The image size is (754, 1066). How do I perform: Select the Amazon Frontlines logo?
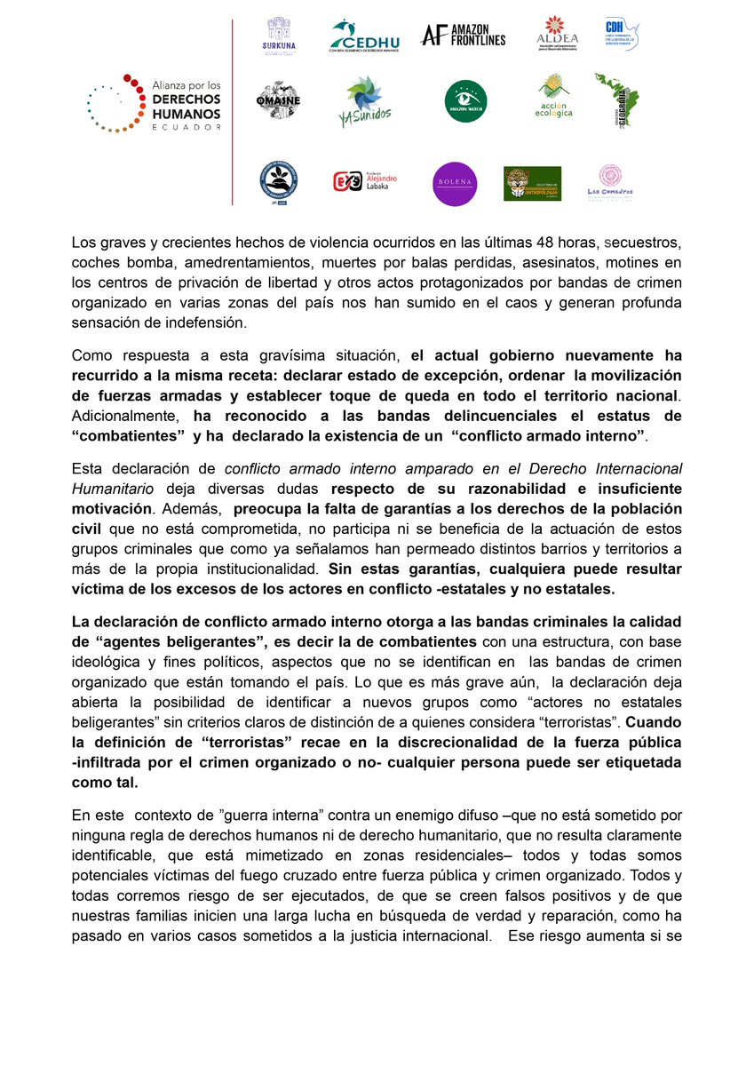pyautogui.click(x=463, y=36)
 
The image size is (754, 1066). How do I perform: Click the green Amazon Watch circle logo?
pyautogui.click(x=465, y=101)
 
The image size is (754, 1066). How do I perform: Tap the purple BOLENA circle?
pyautogui.click(x=455, y=184)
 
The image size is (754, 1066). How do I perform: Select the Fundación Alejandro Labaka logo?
pyautogui.click(x=365, y=182)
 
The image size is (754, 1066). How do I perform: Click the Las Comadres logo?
pyautogui.click(x=608, y=182)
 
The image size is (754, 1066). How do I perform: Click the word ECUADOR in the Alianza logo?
pyautogui.click(x=186, y=127)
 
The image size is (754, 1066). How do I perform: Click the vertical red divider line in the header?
pyautogui.click(x=232, y=111)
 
